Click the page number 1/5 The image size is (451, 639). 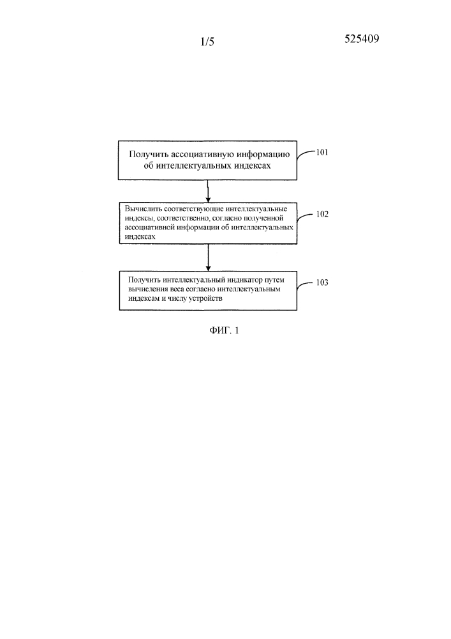click(207, 42)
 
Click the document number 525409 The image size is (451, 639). click(362, 39)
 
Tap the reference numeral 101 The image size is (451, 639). click(322, 153)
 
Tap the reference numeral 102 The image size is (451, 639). click(322, 214)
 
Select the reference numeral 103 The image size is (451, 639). click(322, 282)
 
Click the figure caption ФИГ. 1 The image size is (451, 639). click(224, 330)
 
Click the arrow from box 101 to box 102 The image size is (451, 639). click(208, 191)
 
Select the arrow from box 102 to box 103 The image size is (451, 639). click(208, 258)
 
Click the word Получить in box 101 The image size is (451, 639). click(149, 155)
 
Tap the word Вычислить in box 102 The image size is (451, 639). click(141, 209)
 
